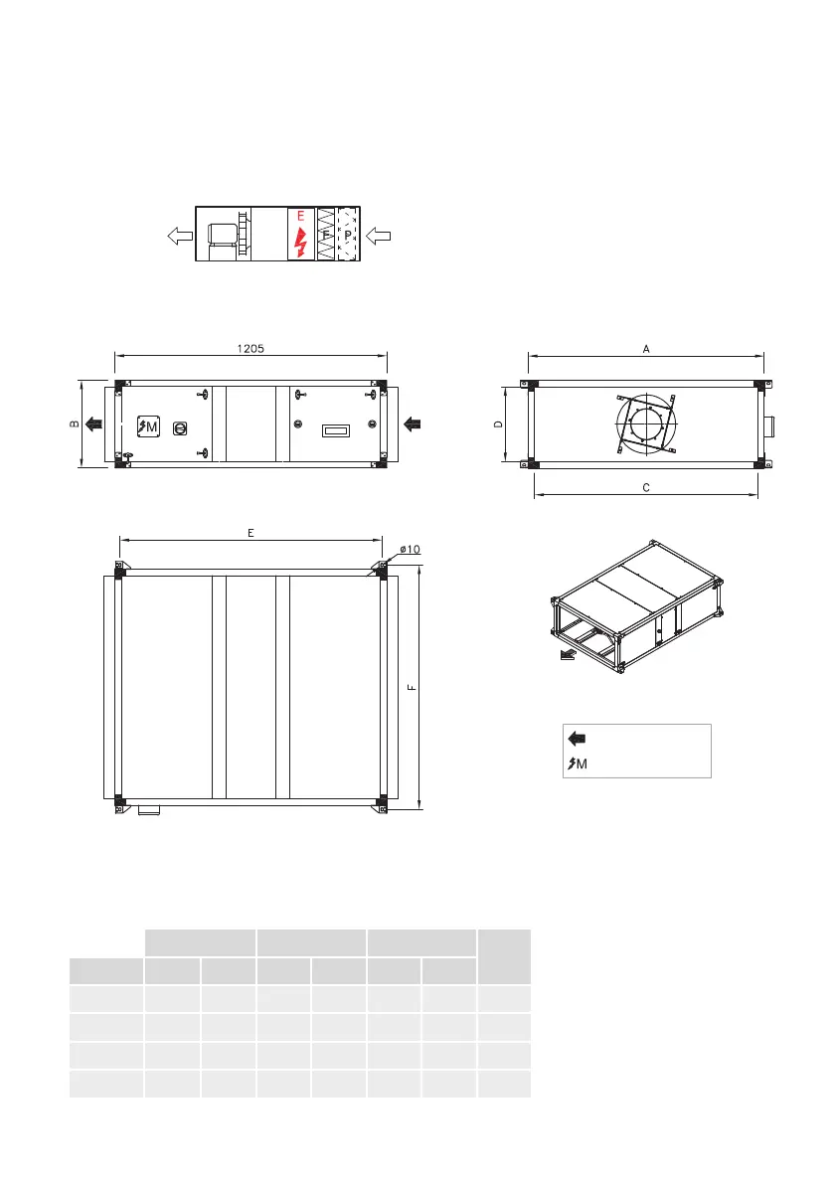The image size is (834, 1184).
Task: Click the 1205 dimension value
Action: pos(250,349)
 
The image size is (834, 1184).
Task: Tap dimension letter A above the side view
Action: pos(646,349)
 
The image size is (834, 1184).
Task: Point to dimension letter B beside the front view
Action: pos(75,424)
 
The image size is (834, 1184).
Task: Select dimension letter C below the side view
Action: pos(646,488)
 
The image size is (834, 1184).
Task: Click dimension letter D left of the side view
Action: pos(498,424)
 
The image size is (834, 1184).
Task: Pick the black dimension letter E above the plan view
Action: pos(250,533)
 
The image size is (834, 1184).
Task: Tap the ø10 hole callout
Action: pos(410,550)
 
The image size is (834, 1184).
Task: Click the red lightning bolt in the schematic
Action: pos(300,242)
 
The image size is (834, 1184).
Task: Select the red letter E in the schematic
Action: pos(300,217)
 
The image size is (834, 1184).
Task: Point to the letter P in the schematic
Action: pos(348,235)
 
